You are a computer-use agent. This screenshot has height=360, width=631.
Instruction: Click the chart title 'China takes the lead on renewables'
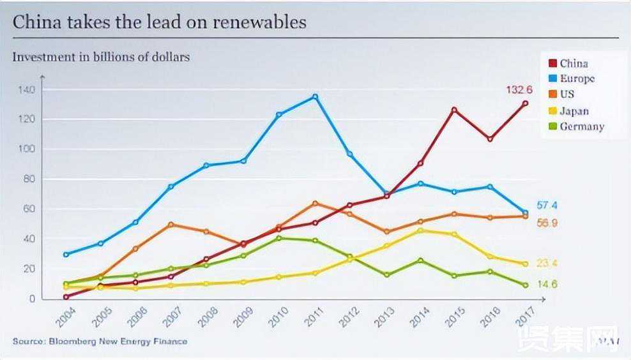pyautogui.click(x=160, y=22)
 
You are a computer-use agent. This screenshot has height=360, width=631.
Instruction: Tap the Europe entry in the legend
pyautogui.click(x=577, y=79)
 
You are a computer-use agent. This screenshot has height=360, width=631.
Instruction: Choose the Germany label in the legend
pyautogui.click(x=581, y=126)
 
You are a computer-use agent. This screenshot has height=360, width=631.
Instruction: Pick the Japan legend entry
pyautogui.click(x=574, y=110)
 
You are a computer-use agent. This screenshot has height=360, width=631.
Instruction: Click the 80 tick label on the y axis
pyautogui.click(x=27, y=179)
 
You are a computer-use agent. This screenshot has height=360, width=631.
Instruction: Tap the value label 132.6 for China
pyautogui.click(x=519, y=90)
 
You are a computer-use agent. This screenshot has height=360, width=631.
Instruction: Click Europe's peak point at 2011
pyautogui.click(x=315, y=96)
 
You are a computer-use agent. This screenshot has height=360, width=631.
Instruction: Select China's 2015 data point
pyautogui.click(x=454, y=110)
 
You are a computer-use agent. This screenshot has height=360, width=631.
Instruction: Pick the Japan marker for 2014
pyautogui.click(x=419, y=230)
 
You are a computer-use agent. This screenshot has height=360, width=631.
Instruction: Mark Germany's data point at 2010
pyautogui.click(x=279, y=238)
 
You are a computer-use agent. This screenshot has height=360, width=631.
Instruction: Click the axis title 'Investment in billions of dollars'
pyautogui.click(x=101, y=57)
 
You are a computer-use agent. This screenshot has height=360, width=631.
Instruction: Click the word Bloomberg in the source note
pyautogui.click(x=66, y=341)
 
